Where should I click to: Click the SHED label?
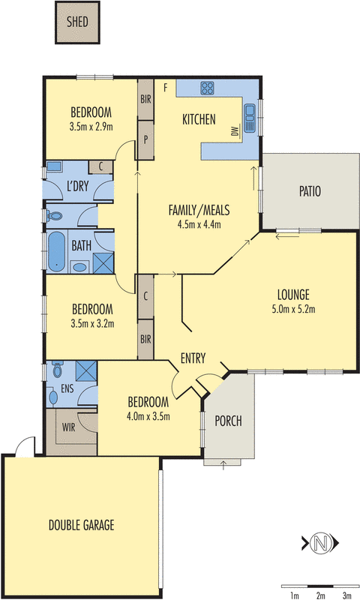tap(77, 22)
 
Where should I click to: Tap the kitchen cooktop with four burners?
tap(207, 88)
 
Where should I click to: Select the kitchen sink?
tap(250, 118)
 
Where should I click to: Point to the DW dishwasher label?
tap(235, 131)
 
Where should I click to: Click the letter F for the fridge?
tap(166, 88)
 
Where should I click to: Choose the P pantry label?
tap(145, 139)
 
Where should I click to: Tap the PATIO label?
tap(310, 191)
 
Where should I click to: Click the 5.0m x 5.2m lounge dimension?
tap(293, 309)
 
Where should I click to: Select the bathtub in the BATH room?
tap(56, 251)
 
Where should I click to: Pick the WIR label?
tap(69, 427)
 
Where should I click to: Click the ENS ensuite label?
tap(67, 388)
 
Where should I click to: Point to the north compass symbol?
tap(320, 542)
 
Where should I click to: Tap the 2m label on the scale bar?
tap(320, 595)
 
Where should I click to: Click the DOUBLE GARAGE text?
tap(82, 524)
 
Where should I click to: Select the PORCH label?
tap(229, 421)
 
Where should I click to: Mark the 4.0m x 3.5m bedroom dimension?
tap(148, 416)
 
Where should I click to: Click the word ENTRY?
tap(193, 358)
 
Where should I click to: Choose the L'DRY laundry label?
tap(78, 186)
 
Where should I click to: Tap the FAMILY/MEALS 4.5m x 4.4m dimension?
tap(199, 224)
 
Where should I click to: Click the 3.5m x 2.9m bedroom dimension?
tap(91, 127)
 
